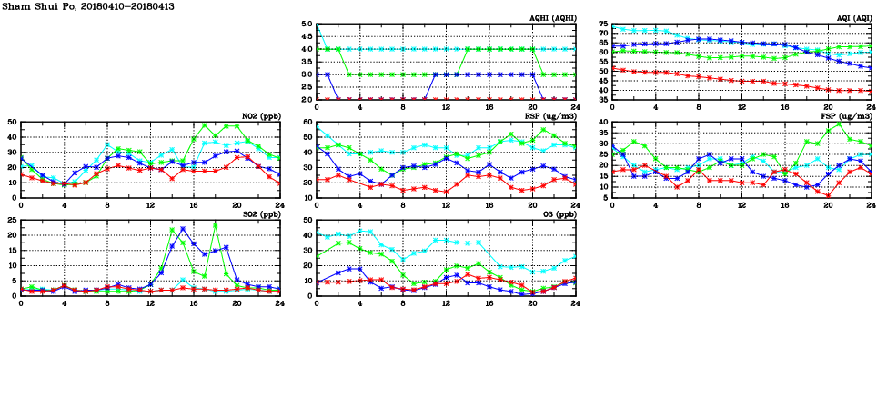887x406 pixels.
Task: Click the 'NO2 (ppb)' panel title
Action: click(x=259, y=116)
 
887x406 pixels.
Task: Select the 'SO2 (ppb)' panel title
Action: click(x=259, y=214)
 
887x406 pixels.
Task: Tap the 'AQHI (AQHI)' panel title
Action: click(x=550, y=18)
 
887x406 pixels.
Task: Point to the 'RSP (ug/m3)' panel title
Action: click(x=549, y=116)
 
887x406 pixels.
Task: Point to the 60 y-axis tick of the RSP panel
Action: click(x=307, y=123)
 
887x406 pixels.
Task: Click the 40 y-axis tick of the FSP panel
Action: click(x=603, y=123)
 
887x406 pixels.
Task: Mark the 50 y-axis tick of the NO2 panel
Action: click(x=10, y=123)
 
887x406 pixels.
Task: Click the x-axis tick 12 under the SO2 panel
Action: click(x=150, y=303)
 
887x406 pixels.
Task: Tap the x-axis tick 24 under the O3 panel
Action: click(x=575, y=303)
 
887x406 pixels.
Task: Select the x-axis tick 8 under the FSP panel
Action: click(x=698, y=205)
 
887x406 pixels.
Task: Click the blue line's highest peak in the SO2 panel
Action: click(x=183, y=229)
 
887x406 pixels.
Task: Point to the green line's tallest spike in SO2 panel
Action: click(x=215, y=224)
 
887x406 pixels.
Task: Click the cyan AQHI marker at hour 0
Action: click(x=316, y=25)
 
